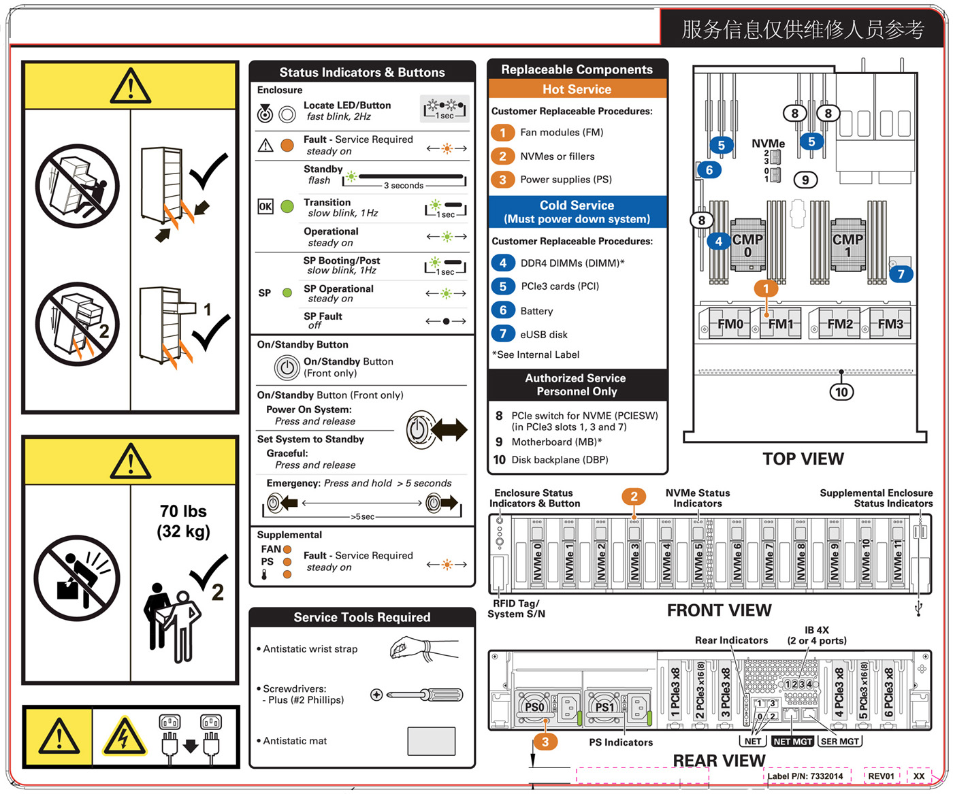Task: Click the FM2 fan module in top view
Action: tap(840, 325)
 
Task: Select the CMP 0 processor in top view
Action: tap(747, 246)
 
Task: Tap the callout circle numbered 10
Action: tap(841, 392)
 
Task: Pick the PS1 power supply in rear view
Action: tap(604, 708)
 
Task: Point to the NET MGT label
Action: tap(793, 742)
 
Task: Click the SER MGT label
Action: tap(840, 742)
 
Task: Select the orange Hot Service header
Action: tap(577, 89)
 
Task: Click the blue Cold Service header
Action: tap(577, 212)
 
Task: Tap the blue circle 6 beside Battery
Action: tap(503, 310)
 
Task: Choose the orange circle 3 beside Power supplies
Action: tap(503, 180)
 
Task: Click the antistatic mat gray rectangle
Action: tap(431, 741)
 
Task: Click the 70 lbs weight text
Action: tap(183, 512)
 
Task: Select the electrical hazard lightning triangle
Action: tap(124, 737)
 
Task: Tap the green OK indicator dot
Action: tap(287, 206)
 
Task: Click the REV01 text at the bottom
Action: tap(881, 776)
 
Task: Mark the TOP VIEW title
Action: tap(803, 459)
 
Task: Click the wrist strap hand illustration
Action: tap(412, 648)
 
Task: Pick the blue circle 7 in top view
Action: tap(901, 274)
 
